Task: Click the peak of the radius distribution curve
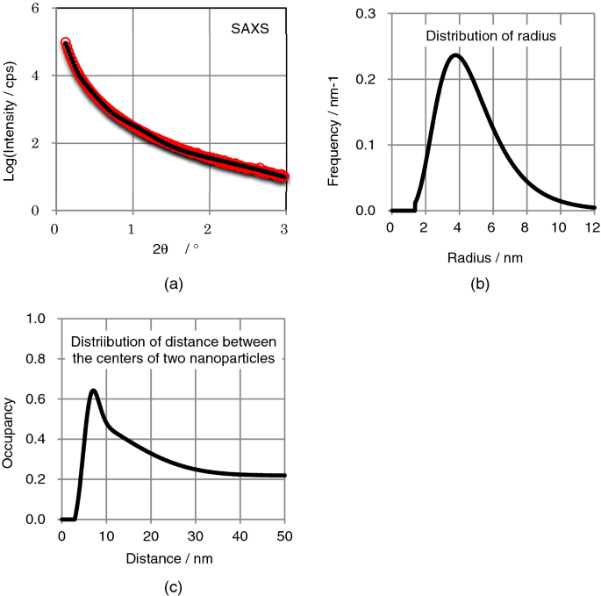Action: coord(455,55)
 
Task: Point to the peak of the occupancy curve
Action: coord(93,390)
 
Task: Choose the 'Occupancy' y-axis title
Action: coord(11,419)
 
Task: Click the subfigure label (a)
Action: coord(172,283)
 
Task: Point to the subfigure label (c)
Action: coord(172,586)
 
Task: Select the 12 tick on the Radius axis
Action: coord(592,226)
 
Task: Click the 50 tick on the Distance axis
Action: coord(284,535)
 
